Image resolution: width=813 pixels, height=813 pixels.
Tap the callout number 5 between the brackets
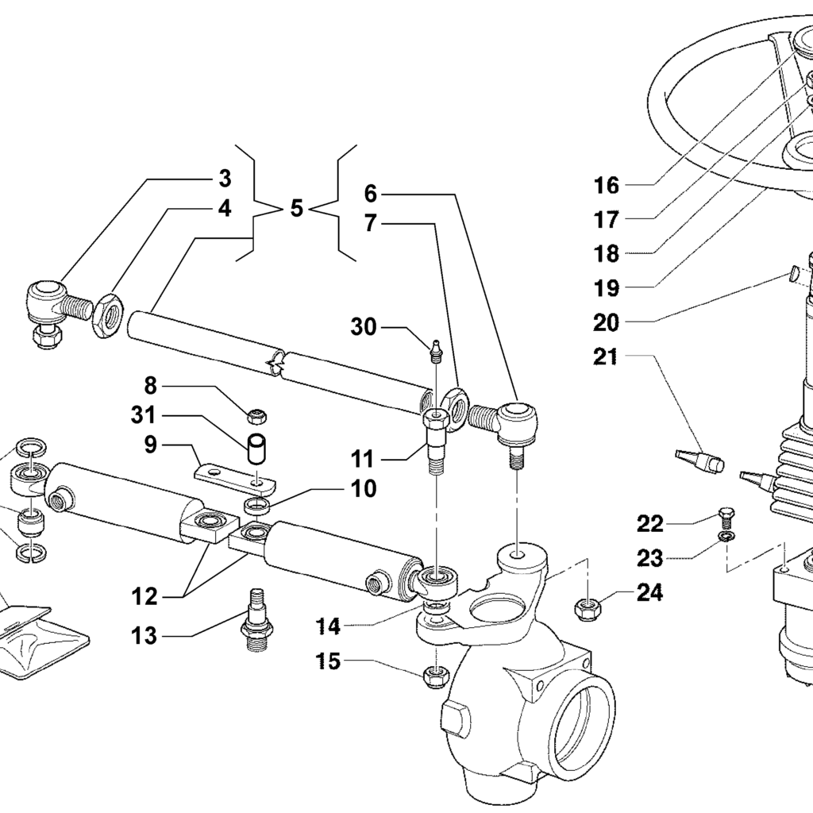296,210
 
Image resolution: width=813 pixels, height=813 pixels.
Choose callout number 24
649,593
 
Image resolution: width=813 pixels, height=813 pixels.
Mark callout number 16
607,186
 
